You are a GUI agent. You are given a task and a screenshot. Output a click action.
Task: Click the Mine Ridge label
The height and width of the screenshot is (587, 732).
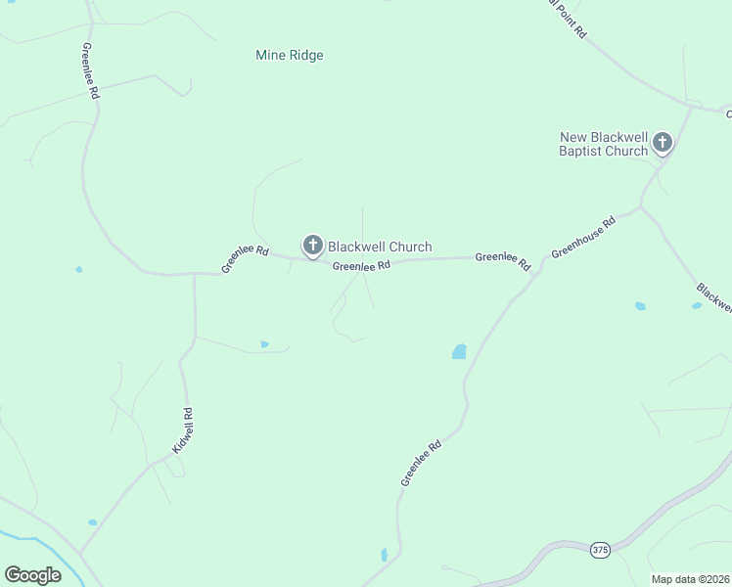point(289,56)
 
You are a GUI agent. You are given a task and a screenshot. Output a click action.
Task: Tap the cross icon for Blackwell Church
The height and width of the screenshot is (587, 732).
point(313,245)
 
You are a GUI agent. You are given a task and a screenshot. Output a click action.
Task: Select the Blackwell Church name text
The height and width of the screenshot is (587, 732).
point(379,247)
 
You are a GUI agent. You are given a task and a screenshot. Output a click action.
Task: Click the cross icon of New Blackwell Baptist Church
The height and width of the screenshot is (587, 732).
point(663,143)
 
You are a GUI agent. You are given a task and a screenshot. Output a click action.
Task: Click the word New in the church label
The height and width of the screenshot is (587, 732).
point(572,137)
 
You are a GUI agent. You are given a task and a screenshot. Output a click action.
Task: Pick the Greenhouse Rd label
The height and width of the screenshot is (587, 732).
point(583,238)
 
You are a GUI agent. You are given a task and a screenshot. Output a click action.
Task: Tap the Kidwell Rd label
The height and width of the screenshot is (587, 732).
point(183,430)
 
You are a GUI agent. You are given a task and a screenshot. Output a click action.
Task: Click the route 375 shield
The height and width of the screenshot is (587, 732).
point(601,551)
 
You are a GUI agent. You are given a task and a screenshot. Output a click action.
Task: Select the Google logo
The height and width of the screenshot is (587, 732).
point(32,575)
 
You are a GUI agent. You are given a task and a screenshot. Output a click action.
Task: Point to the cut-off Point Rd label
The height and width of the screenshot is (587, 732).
point(569,18)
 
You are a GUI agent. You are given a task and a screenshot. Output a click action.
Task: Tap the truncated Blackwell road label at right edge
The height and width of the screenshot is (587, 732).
point(714,297)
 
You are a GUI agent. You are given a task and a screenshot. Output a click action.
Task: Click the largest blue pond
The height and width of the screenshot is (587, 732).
point(459,351)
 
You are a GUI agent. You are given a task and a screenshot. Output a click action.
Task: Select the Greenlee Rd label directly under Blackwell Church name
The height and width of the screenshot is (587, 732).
point(361,265)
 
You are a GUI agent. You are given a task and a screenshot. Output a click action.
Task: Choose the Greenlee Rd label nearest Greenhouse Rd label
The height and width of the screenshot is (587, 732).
point(502,260)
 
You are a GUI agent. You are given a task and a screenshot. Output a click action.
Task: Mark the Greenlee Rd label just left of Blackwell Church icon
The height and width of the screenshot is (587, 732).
point(245,258)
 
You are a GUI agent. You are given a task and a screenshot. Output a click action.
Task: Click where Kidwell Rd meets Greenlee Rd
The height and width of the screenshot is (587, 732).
point(194,274)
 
